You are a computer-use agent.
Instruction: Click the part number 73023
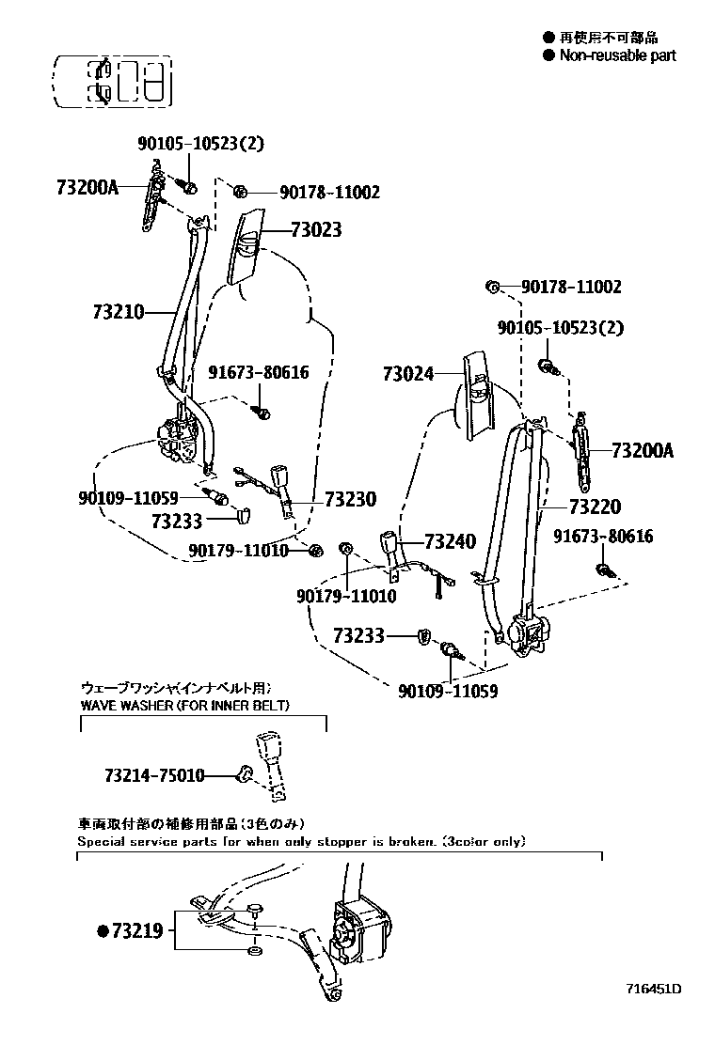(x=315, y=230)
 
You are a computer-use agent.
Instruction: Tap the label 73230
(x=350, y=499)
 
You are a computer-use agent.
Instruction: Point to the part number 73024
(x=408, y=373)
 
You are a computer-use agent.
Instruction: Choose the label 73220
(x=595, y=507)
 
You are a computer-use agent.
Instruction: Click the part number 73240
(x=450, y=541)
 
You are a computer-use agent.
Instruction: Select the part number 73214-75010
(x=154, y=775)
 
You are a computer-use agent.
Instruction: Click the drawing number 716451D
(x=654, y=989)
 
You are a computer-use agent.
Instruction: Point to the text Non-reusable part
(x=617, y=55)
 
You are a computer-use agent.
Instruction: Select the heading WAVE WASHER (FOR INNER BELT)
(x=170, y=705)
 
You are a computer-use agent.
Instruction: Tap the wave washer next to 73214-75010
(x=246, y=774)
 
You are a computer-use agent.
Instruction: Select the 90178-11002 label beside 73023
(x=329, y=193)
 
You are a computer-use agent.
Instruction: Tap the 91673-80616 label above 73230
(x=258, y=372)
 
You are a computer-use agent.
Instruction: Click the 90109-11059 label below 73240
(x=448, y=691)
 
